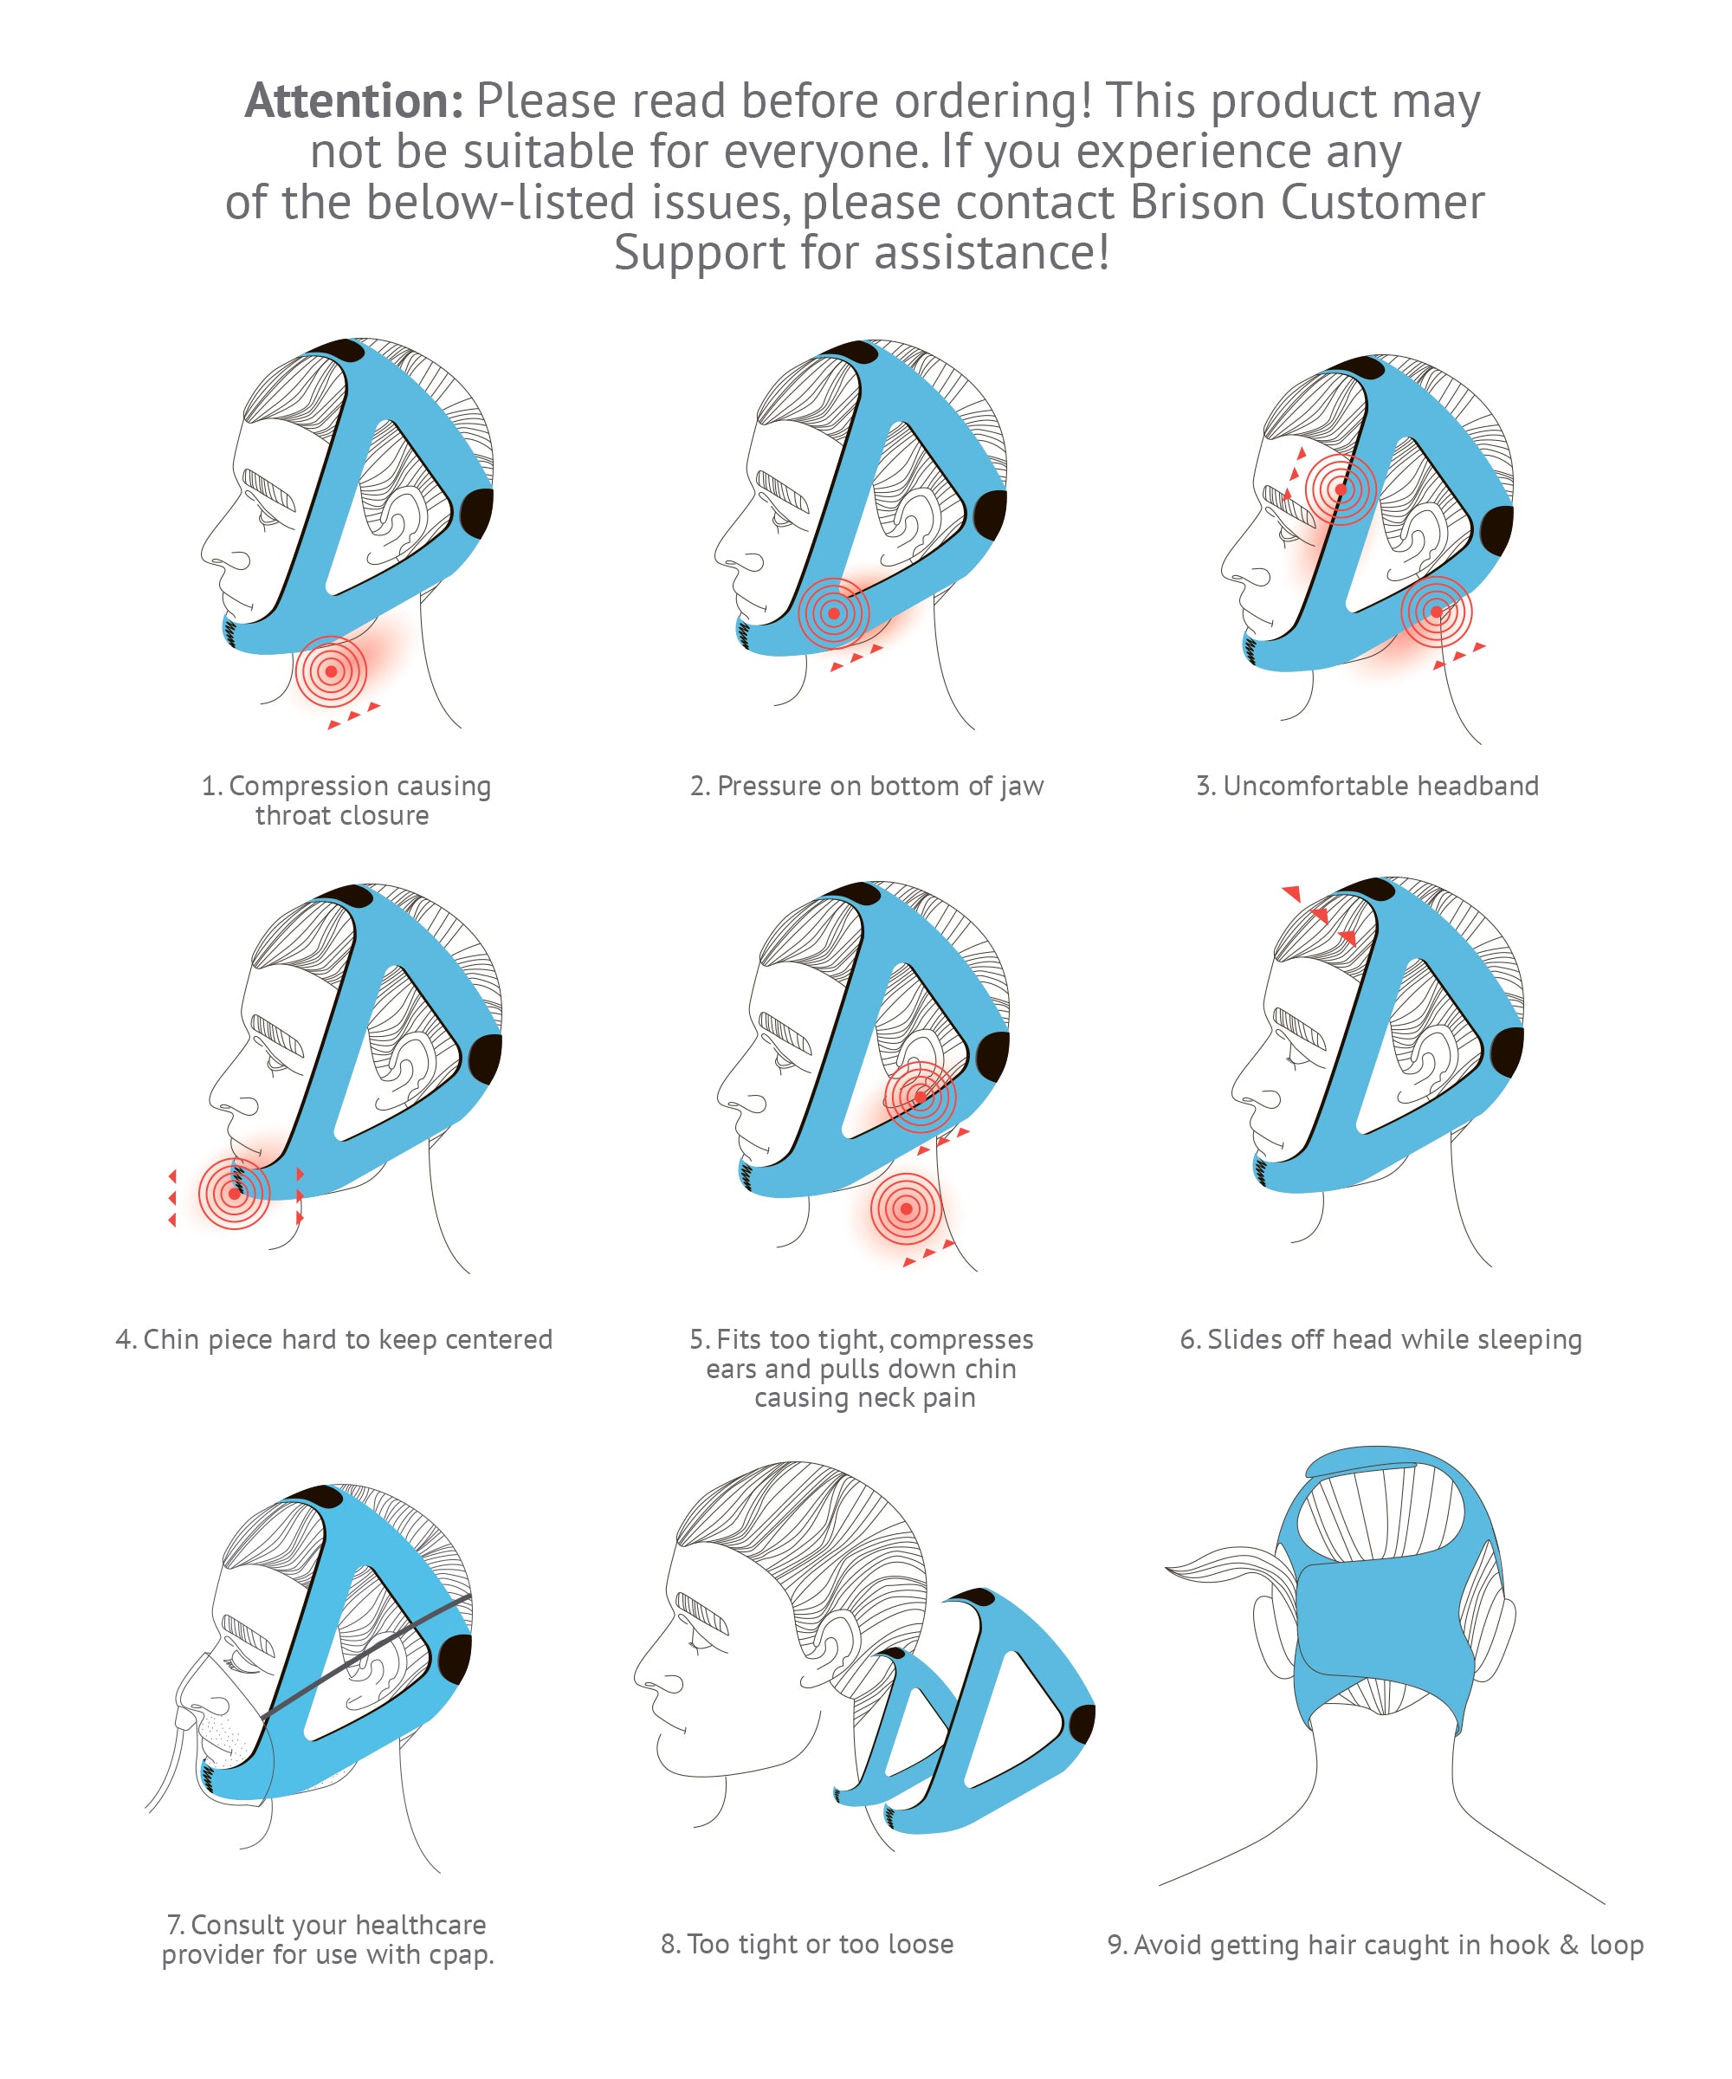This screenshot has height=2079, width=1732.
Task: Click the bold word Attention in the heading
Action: [x=353, y=101]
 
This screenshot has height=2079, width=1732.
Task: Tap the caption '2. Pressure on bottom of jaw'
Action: [x=866, y=785]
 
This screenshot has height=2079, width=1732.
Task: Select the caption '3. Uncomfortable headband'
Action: [x=1367, y=785]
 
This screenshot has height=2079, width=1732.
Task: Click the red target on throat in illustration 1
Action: [x=331, y=670]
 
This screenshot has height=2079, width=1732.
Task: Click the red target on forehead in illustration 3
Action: [x=1340, y=489]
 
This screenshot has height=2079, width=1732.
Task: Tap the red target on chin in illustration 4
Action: [x=234, y=1193]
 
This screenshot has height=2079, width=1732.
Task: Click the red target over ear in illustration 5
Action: [x=921, y=1096]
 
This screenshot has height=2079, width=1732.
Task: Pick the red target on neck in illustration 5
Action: [x=906, y=1208]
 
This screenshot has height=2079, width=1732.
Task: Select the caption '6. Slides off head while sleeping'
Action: [x=1380, y=1338]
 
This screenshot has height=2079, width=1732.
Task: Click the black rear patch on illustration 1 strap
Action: [x=477, y=513]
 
